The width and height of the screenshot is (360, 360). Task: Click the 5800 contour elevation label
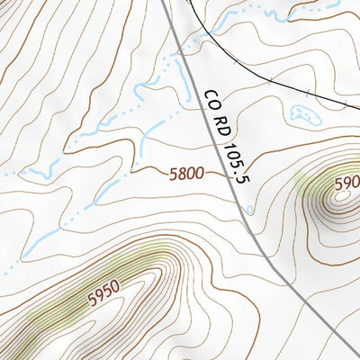[186, 175]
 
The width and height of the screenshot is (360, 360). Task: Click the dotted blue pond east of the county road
[302, 114]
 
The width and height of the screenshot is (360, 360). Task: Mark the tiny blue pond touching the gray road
[249, 211]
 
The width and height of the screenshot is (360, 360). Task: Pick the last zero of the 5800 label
[199, 174]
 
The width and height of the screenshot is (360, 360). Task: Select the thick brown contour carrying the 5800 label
[144, 168]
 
